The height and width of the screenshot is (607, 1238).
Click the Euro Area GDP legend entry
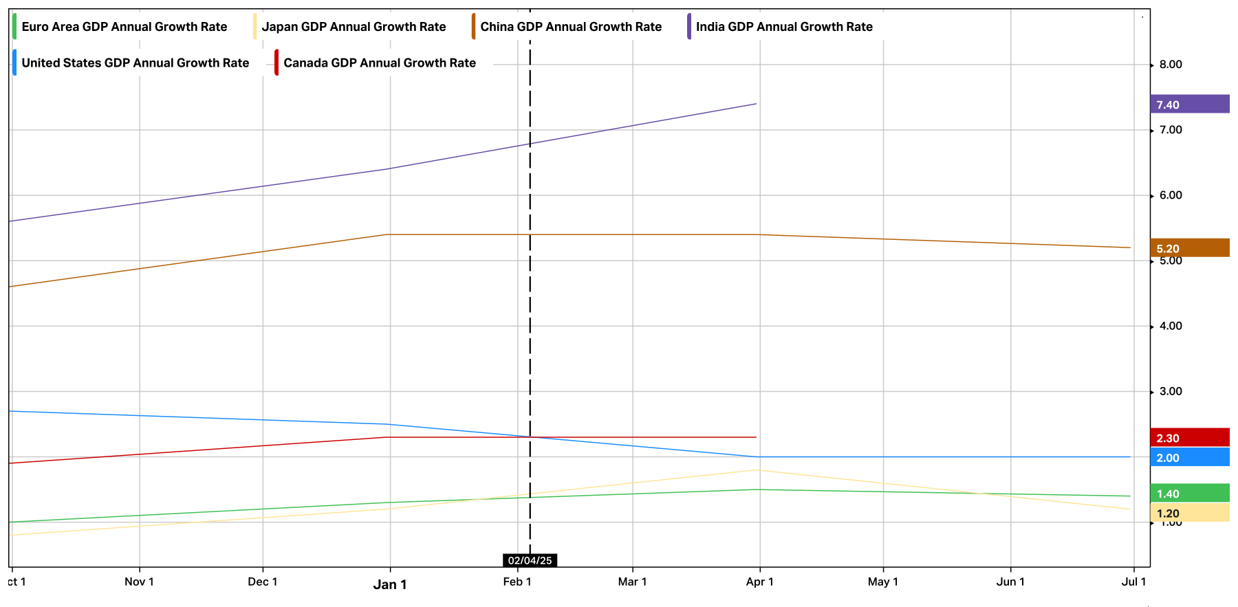coord(124,27)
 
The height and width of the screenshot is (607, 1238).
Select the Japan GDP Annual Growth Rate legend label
coord(354,27)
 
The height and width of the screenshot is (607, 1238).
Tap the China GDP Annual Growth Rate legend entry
coord(571,27)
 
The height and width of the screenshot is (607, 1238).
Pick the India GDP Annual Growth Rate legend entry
coord(784,27)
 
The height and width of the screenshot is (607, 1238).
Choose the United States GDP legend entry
coord(135,63)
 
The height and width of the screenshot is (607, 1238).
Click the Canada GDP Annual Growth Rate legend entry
coord(380,63)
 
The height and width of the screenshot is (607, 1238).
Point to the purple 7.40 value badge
coord(1189,104)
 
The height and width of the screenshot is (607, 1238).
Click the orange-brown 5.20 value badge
coord(1189,248)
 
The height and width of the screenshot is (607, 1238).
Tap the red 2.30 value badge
coord(1189,438)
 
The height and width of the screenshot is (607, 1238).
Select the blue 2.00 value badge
coord(1189,458)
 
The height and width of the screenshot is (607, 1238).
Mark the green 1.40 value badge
coord(1189,494)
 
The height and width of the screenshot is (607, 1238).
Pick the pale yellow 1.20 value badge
coord(1189,514)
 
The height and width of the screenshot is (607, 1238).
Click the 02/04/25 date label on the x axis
coord(530,560)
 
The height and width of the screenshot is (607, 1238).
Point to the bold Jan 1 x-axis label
coord(390,584)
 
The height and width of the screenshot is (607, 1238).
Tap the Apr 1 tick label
coord(759,582)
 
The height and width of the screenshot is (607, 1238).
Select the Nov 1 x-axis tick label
coord(139,582)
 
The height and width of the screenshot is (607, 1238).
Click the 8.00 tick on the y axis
coord(1171,65)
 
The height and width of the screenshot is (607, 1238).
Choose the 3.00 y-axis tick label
coord(1171,391)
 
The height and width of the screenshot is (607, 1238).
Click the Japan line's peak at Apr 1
coord(757,470)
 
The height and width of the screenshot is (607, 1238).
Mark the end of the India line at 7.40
coord(756,104)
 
